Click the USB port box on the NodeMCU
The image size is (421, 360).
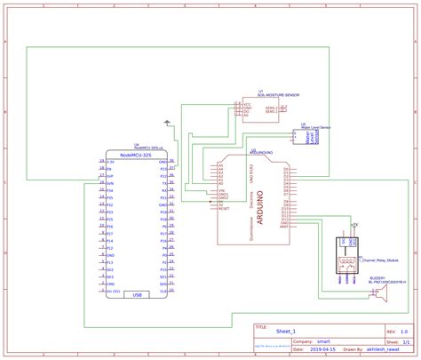coord(137,295)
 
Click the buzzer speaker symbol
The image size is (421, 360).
coord(379,295)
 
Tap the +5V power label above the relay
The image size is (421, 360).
coord(354,225)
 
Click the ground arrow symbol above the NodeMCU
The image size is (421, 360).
coord(167,122)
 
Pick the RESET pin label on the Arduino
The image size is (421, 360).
coord(224,206)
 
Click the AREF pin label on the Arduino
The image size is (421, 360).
coord(284,226)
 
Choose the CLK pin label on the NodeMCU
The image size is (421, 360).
coord(163,291)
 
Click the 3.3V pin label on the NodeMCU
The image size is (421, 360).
coord(111,163)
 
